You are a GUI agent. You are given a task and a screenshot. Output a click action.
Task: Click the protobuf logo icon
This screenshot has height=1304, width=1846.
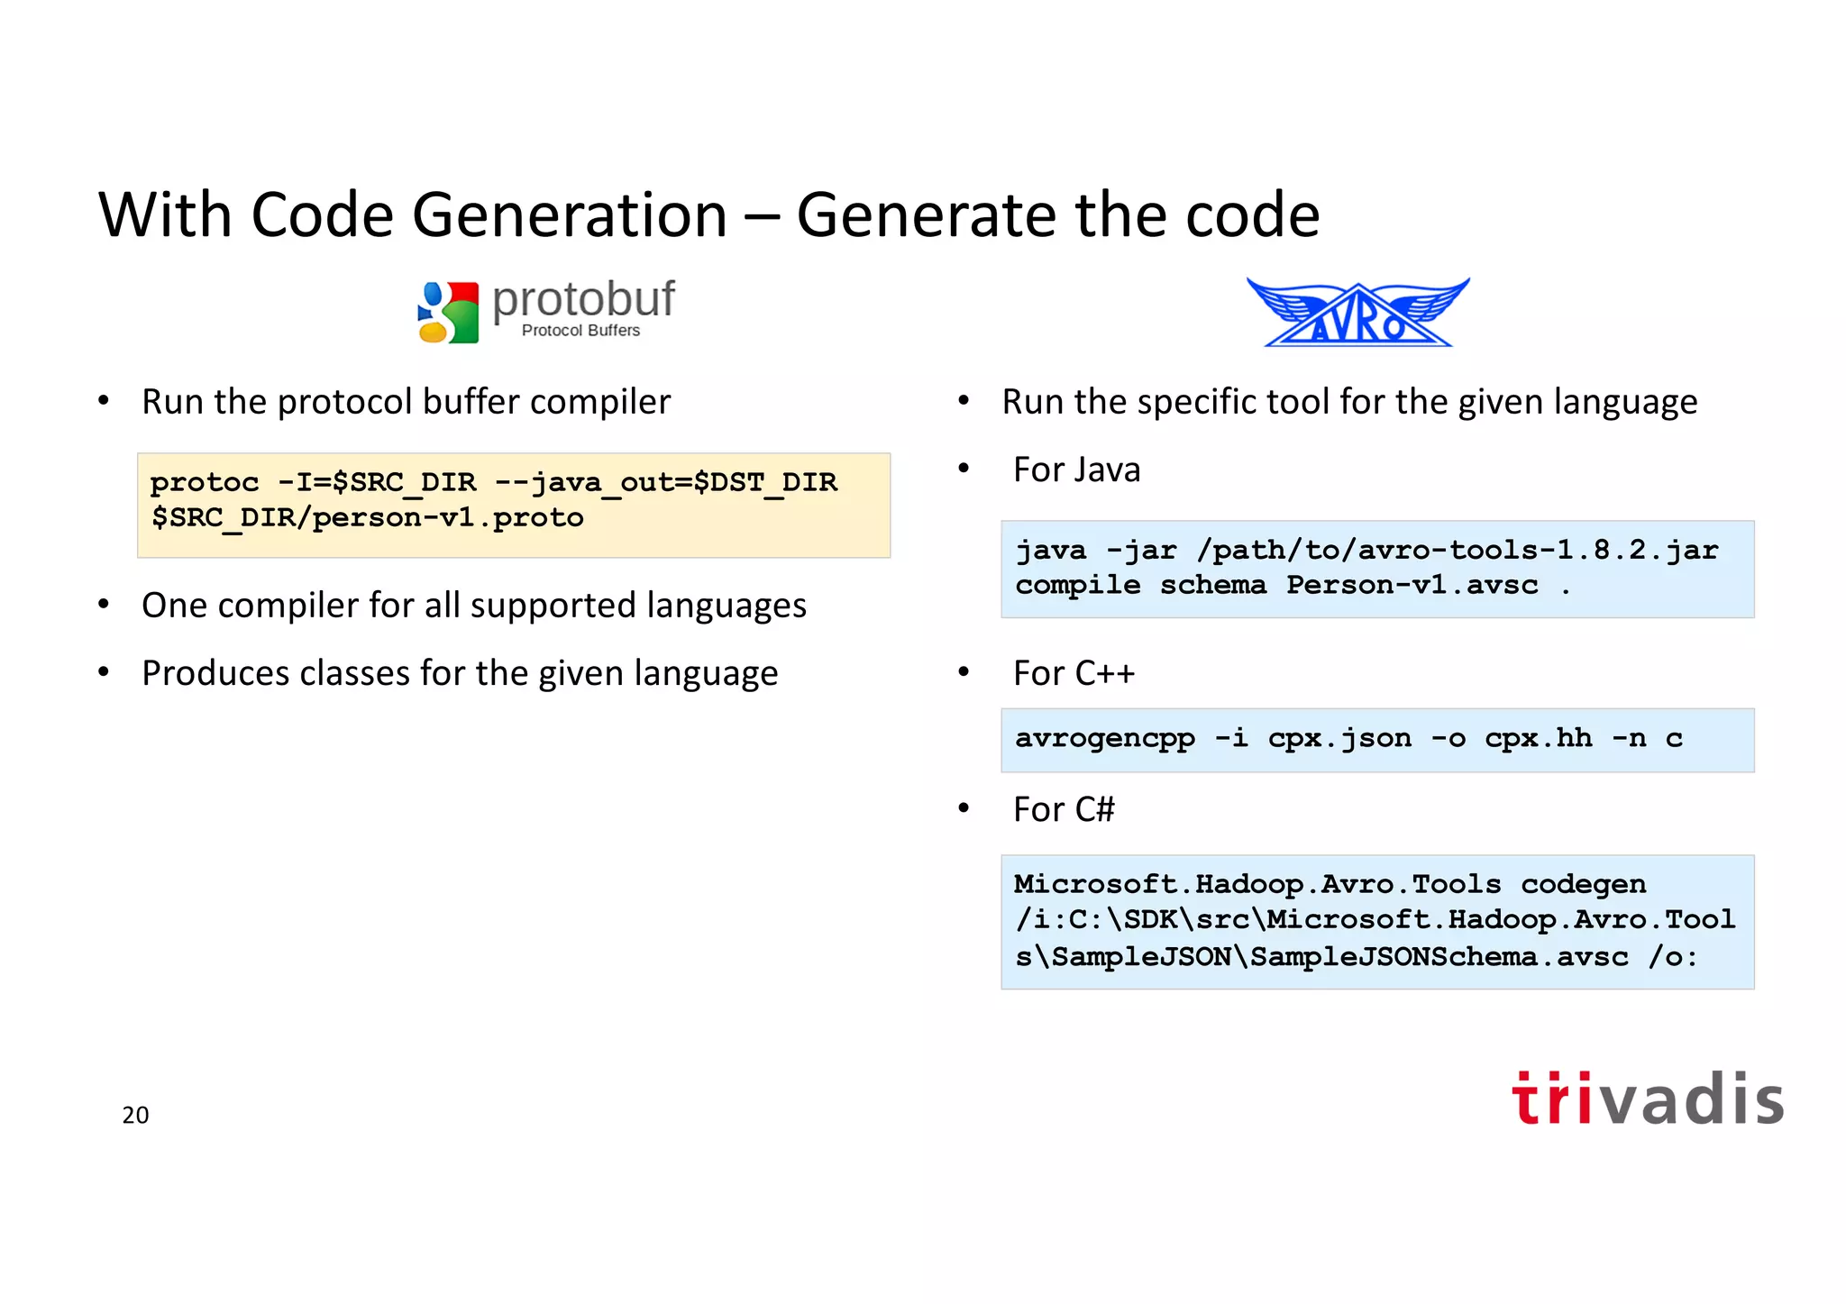pos(448,313)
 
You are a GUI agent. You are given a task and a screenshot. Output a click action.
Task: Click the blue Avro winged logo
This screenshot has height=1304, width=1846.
pos(1357,313)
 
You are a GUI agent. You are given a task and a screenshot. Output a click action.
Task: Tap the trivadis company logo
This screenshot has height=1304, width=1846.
pos(1647,1099)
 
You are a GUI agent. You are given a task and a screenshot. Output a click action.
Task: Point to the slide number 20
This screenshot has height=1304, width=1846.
pos(135,1115)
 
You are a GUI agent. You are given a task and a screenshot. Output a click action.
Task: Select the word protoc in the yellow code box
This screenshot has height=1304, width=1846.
pos(205,482)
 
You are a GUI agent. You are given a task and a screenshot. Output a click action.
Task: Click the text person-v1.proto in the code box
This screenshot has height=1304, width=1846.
pos(447,518)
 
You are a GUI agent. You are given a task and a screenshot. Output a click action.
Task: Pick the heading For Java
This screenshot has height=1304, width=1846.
pos(1076,470)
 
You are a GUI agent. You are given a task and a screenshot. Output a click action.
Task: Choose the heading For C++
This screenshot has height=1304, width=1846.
pos(1073,674)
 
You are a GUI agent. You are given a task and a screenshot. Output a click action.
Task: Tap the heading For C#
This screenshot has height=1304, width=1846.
pos(1064,810)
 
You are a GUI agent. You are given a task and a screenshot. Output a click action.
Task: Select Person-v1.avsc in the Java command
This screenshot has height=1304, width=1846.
pos(1412,586)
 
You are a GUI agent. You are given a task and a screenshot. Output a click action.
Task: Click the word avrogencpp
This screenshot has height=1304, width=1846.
pos(1105,739)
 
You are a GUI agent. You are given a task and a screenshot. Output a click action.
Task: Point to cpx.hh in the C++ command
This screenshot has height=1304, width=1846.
pos(1538,739)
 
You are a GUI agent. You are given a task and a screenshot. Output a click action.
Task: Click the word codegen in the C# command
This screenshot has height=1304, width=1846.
pos(1583,884)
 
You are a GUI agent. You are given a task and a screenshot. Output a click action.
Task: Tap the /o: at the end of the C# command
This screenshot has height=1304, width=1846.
pos(1673,957)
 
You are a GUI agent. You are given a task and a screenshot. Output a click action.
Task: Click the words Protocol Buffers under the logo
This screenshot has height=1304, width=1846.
pos(580,331)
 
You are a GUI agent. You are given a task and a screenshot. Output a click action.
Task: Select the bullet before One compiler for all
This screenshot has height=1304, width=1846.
pos(104,604)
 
